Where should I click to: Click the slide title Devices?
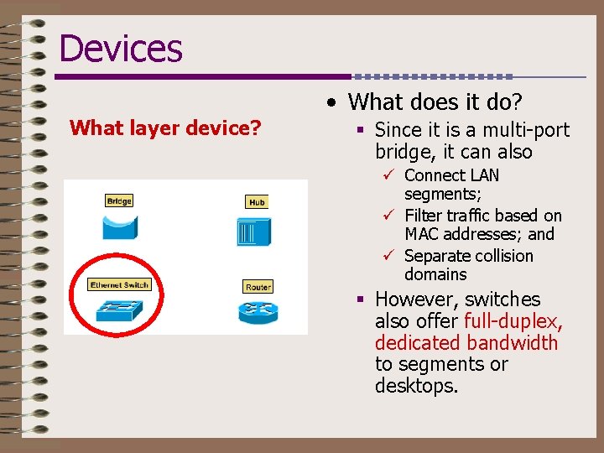click(120, 48)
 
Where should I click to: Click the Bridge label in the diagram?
click(119, 200)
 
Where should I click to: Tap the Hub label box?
click(257, 202)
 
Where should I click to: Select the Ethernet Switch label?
click(119, 285)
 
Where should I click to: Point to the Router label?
click(258, 287)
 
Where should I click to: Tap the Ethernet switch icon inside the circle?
click(118, 310)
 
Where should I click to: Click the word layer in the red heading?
click(143, 128)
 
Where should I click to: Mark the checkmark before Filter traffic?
click(388, 216)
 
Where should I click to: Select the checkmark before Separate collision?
click(388, 256)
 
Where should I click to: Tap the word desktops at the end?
click(416, 386)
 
